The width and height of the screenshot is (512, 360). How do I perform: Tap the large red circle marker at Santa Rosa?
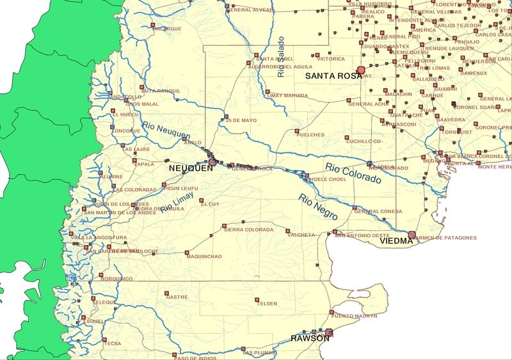point(361,69)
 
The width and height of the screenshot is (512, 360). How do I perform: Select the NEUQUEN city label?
point(189,168)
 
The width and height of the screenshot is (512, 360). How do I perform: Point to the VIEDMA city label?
point(392,242)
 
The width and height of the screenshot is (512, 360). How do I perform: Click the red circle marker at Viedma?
point(412,235)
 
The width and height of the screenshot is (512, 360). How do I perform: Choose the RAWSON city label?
point(310,338)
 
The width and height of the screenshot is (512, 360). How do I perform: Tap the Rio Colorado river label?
point(353,173)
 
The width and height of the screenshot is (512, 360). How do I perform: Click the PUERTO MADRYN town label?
point(355,316)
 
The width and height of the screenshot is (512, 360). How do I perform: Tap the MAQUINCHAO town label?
point(204,256)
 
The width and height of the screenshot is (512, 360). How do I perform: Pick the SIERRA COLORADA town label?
point(248,230)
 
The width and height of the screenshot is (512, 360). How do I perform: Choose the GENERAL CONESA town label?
point(378,212)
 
